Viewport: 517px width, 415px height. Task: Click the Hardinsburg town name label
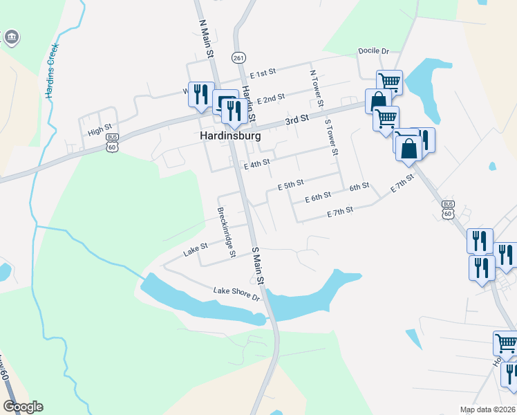tap(231, 136)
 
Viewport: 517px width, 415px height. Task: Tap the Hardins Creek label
tap(50, 71)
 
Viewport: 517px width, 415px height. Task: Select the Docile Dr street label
tap(374, 51)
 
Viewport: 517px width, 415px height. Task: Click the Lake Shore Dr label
tap(236, 294)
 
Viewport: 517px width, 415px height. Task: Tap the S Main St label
tap(258, 266)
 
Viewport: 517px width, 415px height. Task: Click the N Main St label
tap(205, 38)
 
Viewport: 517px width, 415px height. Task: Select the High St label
tap(100, 129)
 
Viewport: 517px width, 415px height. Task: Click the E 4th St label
tap(256, 165)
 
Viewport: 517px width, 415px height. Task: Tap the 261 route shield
tap(239, 57)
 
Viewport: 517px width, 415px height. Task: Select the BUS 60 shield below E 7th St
tap(449, 209)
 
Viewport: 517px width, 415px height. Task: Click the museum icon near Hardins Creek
tap(12, 37)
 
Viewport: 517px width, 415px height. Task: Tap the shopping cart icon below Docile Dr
tap(390, 82)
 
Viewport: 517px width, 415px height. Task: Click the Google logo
tap(23, 407)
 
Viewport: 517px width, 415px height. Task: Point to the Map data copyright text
tap(489, 409)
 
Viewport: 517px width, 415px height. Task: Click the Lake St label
tap(196, 248)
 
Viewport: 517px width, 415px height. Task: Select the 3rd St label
tap(297, 120)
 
